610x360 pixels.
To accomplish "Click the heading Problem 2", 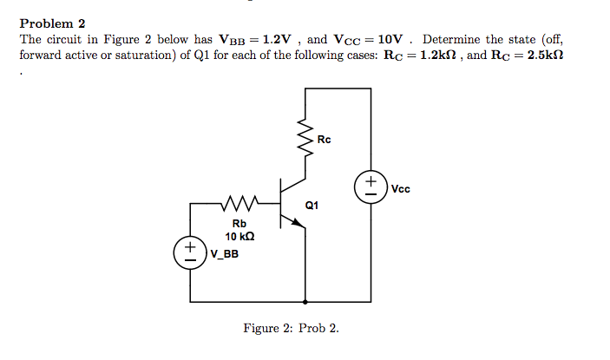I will [x=52, y=23].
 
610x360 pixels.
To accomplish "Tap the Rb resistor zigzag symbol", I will [x=236, y=205].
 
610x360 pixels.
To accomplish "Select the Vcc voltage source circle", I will [x=371, y=187].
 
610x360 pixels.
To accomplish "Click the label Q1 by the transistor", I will [x=312, y=206].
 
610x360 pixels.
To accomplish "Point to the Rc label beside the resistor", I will [x=325, y=140].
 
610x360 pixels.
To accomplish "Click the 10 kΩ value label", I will [x=239, y=237].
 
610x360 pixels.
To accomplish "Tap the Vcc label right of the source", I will [x=401, y=188].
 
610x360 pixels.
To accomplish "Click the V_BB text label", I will [x=225, y=254].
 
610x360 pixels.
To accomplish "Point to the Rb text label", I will [x=239, y=224].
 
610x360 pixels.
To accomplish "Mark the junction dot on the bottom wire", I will [x=305, y=303].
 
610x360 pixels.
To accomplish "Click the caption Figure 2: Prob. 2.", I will [x=292, y=329].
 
